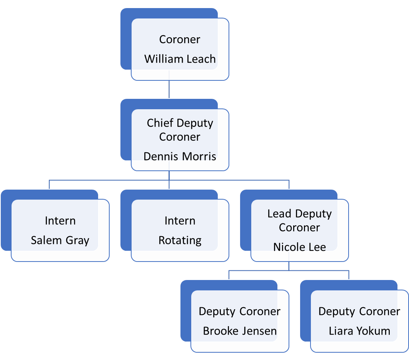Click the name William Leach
tap(180, 59)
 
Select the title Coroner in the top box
tap(180, 40)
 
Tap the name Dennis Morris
tap(180, 156)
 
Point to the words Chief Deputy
tap(180, 123)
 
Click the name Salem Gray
tap(60, 240)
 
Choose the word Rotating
tap(180, 240)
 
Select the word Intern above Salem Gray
tap(60, 221)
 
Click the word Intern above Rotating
tap(180, 221)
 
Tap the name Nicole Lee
tap(299, 247)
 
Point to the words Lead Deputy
tap(299, 214)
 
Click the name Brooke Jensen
tap(240, 331)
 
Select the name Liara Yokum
tap(359, 331)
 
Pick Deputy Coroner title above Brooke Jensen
tap(240, 311)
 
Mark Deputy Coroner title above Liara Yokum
tap(359, 311)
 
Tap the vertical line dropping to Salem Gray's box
tap(49, 184)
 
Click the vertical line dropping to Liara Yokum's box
tap(349, 275)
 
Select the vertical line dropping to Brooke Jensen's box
tap(229, 275)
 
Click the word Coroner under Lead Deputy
tap(299, 228)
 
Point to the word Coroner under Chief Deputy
tap(180, 137)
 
